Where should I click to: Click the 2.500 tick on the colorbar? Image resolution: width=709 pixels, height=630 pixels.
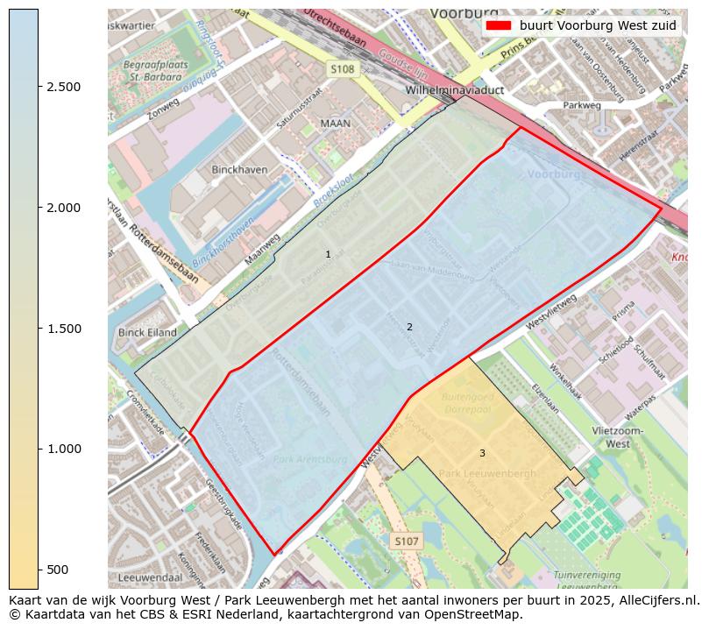tap(63, 87)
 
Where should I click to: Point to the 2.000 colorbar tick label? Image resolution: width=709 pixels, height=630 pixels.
tap(63, 208)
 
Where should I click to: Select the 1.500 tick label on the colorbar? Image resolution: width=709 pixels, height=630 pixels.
tap(63, 329)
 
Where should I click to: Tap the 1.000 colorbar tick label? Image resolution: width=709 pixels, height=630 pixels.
tap(63, 449)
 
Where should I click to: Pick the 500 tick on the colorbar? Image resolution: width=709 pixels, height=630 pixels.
tap(57, 570)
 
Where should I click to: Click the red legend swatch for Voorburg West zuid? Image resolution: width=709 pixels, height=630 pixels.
tap(499, 25)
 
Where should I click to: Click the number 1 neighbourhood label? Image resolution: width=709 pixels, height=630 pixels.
tap(328, 255)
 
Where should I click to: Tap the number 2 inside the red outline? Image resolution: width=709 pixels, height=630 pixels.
tap(409, 328)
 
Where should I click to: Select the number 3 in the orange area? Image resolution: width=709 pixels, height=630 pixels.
tap(482, 453)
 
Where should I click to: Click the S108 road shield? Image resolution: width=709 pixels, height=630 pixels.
tap(343, 68)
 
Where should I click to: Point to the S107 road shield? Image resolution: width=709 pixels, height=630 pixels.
tap(406, 542)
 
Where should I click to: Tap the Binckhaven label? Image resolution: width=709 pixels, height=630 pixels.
tap(239, 169)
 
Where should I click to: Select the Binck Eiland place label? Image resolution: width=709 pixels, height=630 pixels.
tap(147, 333)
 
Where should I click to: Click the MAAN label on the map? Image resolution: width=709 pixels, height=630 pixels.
tap(335, 124)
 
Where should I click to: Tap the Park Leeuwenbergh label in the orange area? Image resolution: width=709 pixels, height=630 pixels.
tap(487, 474)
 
